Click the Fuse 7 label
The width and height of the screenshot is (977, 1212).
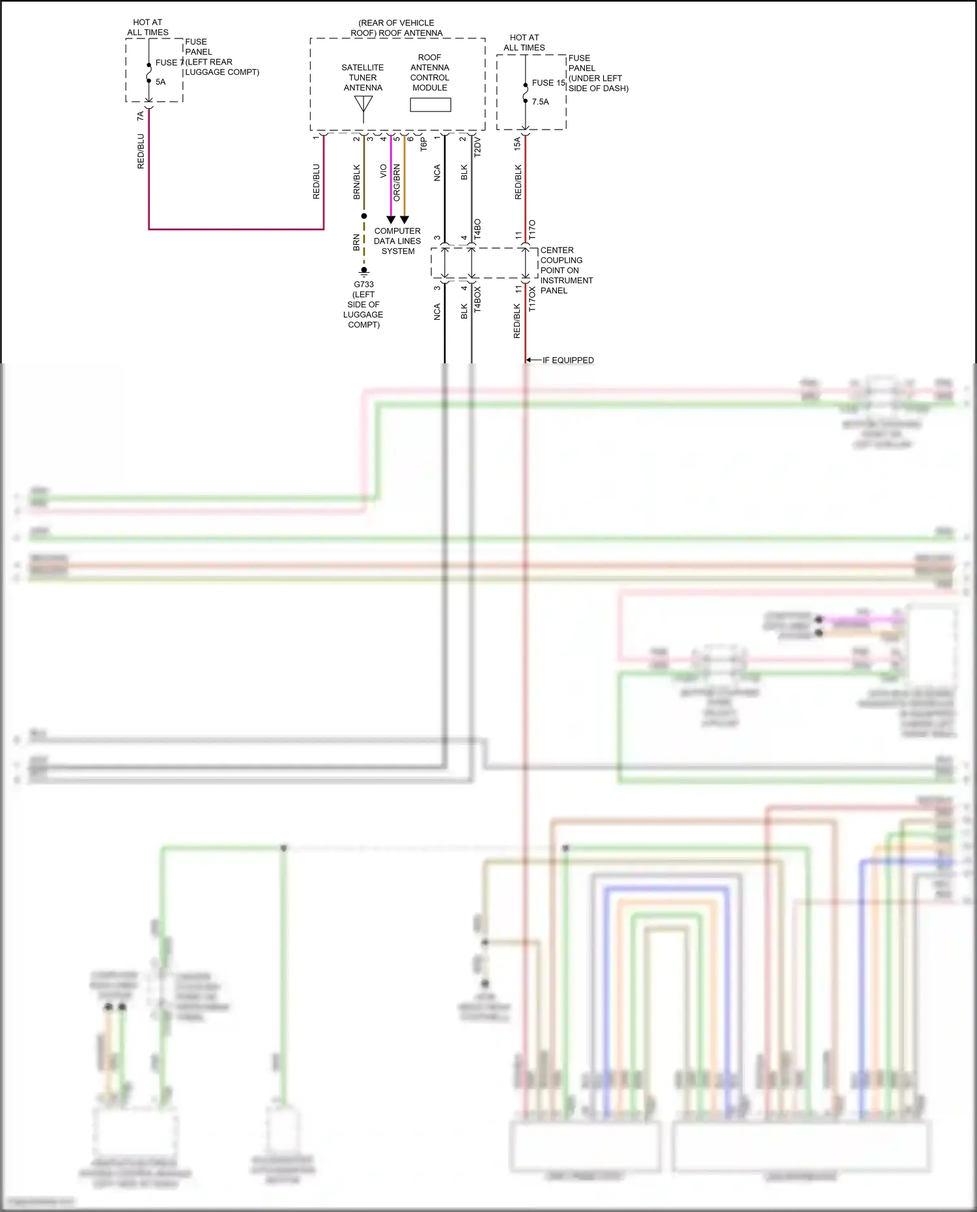[x=169, y=63]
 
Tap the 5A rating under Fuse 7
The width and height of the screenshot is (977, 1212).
[x=160, y=82]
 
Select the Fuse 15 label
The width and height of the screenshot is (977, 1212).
[x=548, y=83]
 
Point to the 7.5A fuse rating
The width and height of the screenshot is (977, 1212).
[x=540, y=102]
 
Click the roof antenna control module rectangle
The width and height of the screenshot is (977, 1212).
[x=430, y=105]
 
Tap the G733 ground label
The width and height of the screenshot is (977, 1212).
[x=363, y=285]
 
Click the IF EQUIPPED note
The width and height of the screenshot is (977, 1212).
[x=567, y=360]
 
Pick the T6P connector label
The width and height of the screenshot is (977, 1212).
[x=423, y=145]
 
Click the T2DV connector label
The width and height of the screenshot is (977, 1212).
[x=477, y=147]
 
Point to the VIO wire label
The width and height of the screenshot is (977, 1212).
[x=384, y=171]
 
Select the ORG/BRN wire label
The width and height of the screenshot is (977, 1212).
[x=397, y=182]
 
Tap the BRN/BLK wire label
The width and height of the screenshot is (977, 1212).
[x=356, y=182]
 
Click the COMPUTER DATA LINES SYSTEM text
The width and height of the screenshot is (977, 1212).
[x=397, y=241]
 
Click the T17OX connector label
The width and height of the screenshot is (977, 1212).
[x=532, y=299]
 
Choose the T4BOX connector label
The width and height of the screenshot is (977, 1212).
[x=477, y=300]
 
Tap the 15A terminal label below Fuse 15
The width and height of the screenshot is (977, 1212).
[x=517, y=143]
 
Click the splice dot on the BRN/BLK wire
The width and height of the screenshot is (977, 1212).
[x=364, y=216]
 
